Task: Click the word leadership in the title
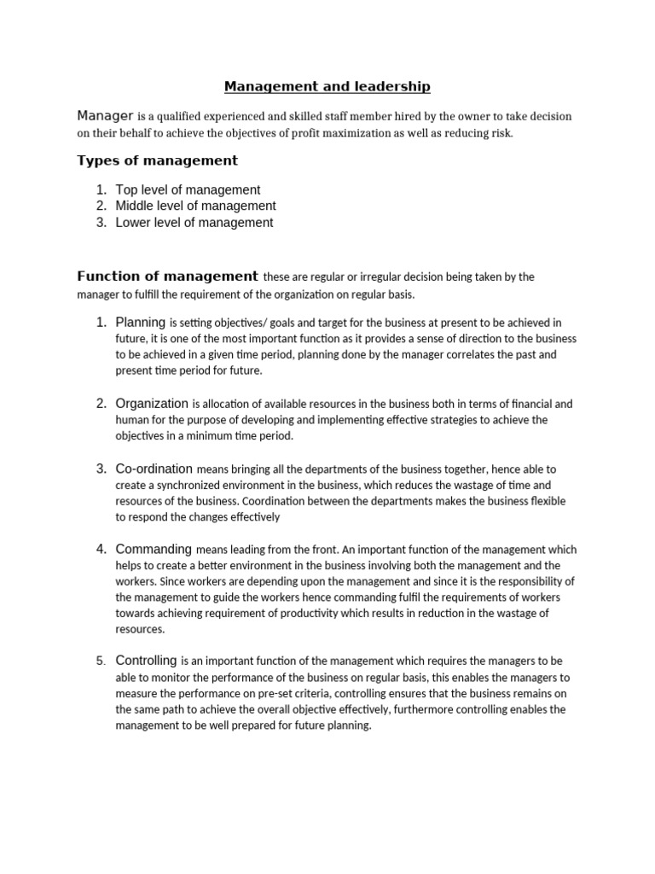point(392,86)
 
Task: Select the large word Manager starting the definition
point(105,115)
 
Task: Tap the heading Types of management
point(157,160)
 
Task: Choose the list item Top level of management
point(188,189)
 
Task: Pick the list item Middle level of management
point(195,206)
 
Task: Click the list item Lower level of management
point(194,223)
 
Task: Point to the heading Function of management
point(167,276)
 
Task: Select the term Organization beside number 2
point(152,403)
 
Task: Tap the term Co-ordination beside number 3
point(154,468)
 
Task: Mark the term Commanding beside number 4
point(154,549)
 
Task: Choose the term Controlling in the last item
point(146,660)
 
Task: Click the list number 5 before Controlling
point(100,661)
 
